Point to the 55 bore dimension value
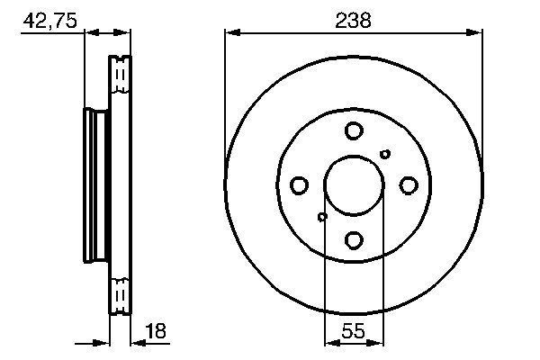click(x=353, y=330)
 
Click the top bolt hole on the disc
click(x=353, y=131)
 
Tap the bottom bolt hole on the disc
click(x=353, y=239)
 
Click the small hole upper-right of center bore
click(x=385, y=154)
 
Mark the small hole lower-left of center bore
click(x=322, y=216)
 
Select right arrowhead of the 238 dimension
click(x=476, y=33)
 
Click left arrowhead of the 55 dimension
click(x=329, y=342)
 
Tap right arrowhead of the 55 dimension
click(x=377, y=342)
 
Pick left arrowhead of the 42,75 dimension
click(x=89, y=33)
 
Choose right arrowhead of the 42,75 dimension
click(x=126, y=33)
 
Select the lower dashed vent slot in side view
click(x=120, y=294)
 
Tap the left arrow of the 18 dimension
click(x=103, y=342)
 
